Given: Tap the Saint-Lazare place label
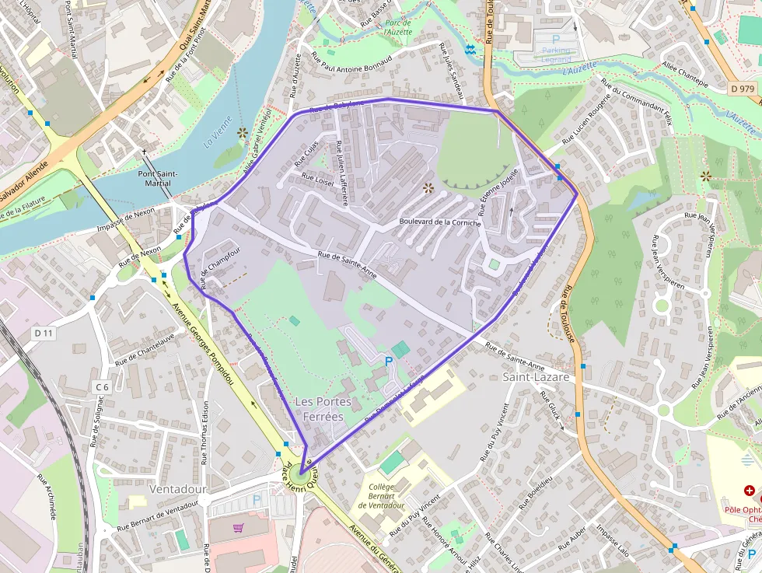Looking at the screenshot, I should (x=536, y=377).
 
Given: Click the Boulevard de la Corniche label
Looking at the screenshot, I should (x=439, y=222).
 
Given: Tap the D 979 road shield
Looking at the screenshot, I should (x=743, y=89).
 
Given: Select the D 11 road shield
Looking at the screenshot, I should (x=44, y=333).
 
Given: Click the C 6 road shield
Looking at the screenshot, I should (x=103, y=386).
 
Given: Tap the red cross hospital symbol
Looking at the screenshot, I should (x=749, y=491).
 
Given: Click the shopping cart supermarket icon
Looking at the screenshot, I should (x=239, y=528).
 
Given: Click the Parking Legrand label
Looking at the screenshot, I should (x=555, y=55).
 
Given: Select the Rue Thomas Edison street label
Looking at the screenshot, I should (x=205, y=432).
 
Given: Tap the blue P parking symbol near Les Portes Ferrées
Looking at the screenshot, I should (x=389, y=362).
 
